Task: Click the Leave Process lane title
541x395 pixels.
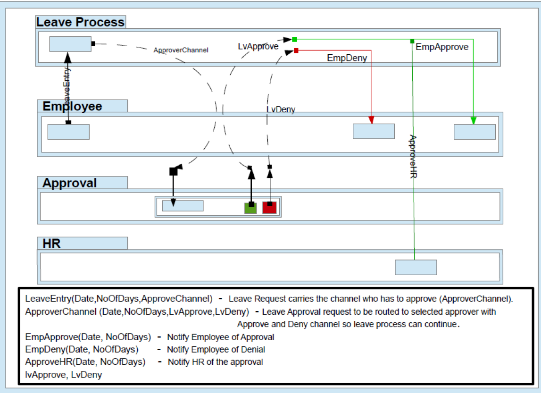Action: [x=80, y=22]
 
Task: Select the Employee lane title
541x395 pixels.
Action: [x=72, y=106]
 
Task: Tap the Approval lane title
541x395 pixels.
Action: [x=69, y=183]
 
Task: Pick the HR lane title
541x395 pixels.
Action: [x=51, y=244]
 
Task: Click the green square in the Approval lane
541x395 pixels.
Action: [x=250, y=208]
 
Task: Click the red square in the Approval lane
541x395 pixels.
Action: [x=269, y=207]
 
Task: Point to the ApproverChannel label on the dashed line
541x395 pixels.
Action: [x=181, y=50]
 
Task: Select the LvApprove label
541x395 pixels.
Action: [x=258, y=47]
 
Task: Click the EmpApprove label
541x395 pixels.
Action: [x=442, y=47]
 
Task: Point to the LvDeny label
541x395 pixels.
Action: [x=281, y=109]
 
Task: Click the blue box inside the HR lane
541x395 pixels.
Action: [x=416, y=267]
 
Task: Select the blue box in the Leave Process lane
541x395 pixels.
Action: [x=70, y=44]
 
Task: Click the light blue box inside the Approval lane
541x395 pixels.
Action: [x=183, y=206]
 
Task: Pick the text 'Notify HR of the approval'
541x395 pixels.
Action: [x=216, y=362]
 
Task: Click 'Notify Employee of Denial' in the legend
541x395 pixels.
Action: [x=216, y=350]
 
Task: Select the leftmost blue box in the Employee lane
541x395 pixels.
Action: [x=68, y=132]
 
